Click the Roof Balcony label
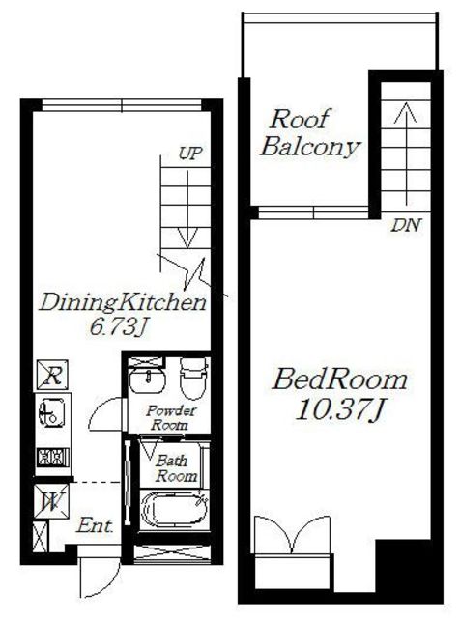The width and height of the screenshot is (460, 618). [309, 133]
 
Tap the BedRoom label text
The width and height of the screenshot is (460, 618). [340, 379]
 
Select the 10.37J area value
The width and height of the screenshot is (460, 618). [339, 409]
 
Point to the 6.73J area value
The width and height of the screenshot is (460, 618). [118, 327]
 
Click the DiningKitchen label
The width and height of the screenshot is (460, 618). [123, 302]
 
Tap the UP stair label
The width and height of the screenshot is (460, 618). [189, 154]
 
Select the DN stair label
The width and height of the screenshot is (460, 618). [406, 225]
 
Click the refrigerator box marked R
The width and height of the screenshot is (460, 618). [52, 375]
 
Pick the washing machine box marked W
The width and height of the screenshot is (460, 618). [51, 501]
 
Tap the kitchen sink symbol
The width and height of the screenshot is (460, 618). [51, 413]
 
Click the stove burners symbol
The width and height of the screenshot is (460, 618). [53, 457]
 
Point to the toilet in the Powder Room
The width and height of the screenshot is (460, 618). [193, 379]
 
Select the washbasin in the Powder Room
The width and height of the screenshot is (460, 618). [148, 380]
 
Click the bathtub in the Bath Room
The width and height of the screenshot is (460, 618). [174, 510]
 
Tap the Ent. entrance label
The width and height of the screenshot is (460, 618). [95, 525]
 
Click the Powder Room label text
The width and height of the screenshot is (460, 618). [171, 418]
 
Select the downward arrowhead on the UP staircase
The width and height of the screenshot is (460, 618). [187, 239]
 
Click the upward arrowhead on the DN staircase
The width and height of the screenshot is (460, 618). [406, 112]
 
